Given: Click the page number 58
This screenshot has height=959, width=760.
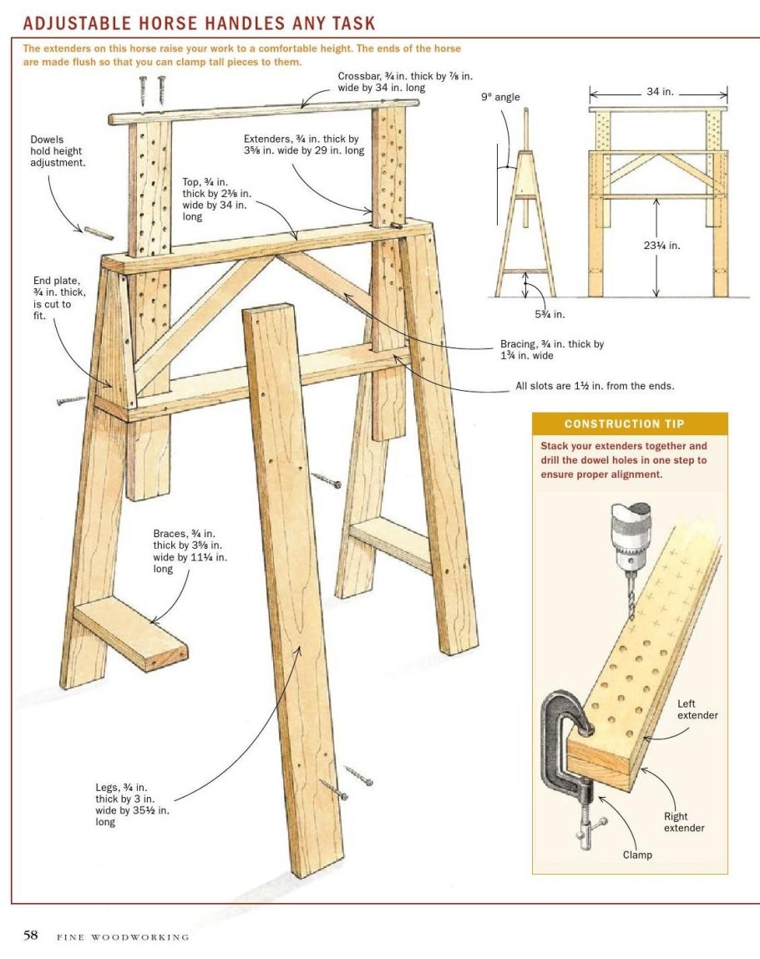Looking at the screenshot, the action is click(31, 935).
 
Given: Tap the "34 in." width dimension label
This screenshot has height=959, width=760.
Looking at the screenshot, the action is click(660, 91).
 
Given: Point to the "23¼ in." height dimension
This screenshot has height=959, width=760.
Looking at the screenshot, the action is click(661, 246).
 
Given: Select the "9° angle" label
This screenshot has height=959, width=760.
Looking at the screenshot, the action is click(500, 97).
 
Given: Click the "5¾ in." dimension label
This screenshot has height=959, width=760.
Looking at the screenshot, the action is click(550, 314).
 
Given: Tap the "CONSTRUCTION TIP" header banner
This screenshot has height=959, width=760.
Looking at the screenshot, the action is click(630, 424).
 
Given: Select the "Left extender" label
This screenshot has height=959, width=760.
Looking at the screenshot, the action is click(697, 709).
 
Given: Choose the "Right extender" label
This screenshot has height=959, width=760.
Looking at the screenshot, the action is click(683, 822).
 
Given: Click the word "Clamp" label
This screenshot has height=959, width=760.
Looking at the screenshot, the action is click(637, 855).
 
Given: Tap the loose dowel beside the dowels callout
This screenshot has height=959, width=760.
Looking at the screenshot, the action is click(99, 233).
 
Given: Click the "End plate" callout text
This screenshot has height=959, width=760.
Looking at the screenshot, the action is click(59, 298).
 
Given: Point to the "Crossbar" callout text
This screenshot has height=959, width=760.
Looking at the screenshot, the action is click(405, 82).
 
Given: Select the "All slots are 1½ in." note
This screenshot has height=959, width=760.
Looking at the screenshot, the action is click(595, 386).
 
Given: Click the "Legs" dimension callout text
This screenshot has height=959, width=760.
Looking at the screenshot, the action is click(132, 804).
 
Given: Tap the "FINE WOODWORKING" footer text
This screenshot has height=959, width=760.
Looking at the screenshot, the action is click(123, 937).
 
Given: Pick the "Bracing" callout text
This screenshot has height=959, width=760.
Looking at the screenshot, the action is click(551, 350).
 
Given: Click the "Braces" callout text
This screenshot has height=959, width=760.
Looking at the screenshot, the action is click(190, 551).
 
